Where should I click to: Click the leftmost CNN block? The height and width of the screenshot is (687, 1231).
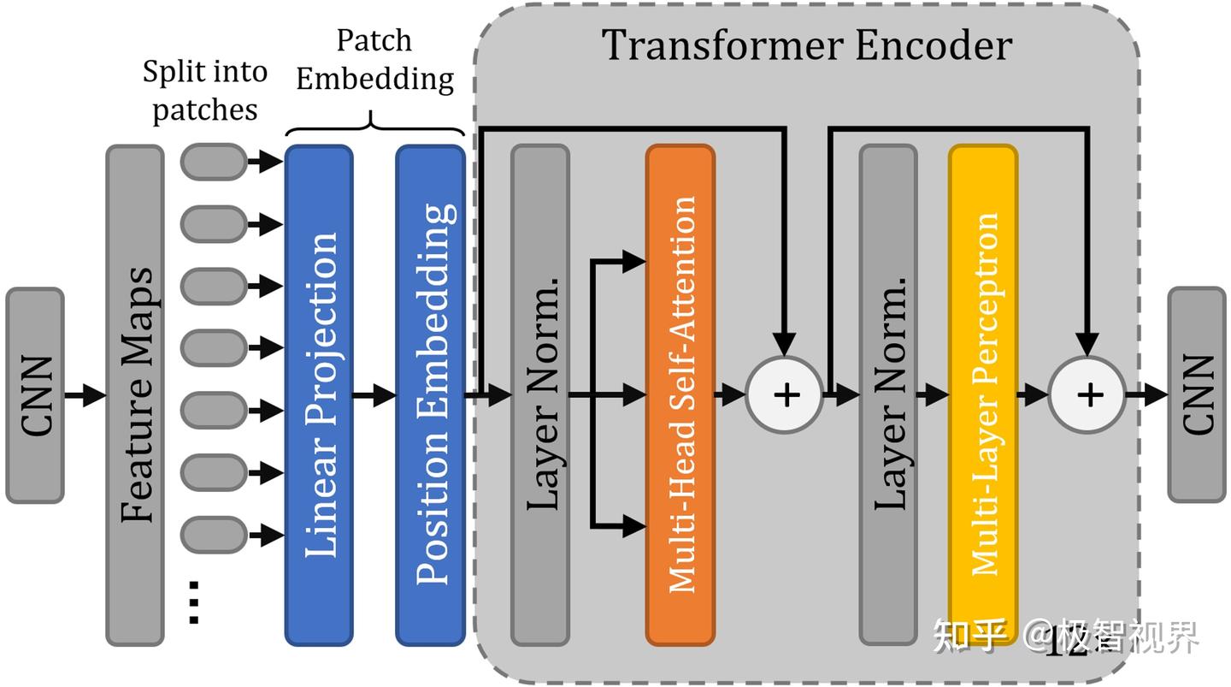click(35, 395)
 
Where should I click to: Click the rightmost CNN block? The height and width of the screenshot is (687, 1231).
click(1196, 395)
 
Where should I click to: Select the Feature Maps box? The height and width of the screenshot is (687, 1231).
click(135, 395)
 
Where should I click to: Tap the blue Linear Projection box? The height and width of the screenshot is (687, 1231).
click(319, 395)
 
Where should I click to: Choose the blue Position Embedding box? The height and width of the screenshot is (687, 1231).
click(430, 395)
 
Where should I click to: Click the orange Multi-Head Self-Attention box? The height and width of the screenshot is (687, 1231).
click(680, 395)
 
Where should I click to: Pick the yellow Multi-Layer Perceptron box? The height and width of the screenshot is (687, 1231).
click(982, 395)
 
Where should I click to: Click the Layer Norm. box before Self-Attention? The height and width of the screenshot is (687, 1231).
click(539, 395)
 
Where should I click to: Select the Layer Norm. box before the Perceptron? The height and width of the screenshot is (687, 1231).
click(888, 395)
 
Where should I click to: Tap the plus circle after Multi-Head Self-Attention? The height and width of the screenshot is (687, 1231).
click(785, 395)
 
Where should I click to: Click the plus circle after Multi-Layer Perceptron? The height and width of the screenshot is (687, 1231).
click(1087, 395)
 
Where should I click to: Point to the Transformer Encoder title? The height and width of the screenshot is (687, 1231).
click(807, 44)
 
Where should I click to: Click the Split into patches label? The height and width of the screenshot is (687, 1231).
click(205, 91)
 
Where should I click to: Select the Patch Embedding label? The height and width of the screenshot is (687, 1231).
click(374, 60)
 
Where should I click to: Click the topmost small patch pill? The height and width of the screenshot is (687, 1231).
click(214, 162)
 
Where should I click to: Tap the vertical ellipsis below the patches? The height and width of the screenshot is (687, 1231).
click(193, 602)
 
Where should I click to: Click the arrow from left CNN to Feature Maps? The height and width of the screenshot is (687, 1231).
click(85, 395)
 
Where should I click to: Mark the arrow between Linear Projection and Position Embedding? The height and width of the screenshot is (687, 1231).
click(374, 395)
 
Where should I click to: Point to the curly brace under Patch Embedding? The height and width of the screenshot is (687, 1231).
click(374, 125)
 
